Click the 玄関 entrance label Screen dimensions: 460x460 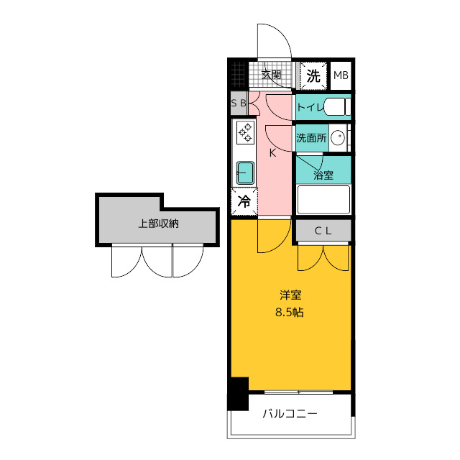pyautogui.click(x=272, y=75)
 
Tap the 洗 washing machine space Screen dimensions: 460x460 pyautogui.click(x=313, y=75)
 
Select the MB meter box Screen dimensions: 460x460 pyautogui.click(x=341, y=75)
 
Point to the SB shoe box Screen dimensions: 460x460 pyautogui.click(x=239, y=103)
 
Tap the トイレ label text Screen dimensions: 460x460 pyautogui.click(x=310, y=107)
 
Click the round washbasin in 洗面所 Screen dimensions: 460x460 pyautogui.click(x=338, y=137)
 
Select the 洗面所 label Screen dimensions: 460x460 pyautogui.click(x=311, y=138)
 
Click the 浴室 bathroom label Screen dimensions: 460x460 pyautogui.click(x=323, y=175)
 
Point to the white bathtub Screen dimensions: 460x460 pyautogui.click(x=323, y=200)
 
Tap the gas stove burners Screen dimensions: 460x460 pyautogui.click(x=245, y=133)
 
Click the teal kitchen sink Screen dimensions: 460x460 pyautogui.click(x=245, y=172)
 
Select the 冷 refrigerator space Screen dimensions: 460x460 pyautogui.click(x=244, y=201)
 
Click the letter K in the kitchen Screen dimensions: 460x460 pyautogui.click(x=272, y=153)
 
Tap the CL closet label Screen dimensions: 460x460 pyautogui.click(x=323, y=231)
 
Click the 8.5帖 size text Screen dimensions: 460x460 pyautogui.click(x=289, y=312)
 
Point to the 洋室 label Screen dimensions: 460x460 pyautogui.click(x=290, y=295)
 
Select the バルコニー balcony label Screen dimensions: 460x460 pyautogui.click(x=290, y=414)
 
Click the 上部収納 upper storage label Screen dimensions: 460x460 pyautogui.click(x=158, y=224)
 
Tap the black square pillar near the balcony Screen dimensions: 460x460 pyautogui.click(x=238, y=394)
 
